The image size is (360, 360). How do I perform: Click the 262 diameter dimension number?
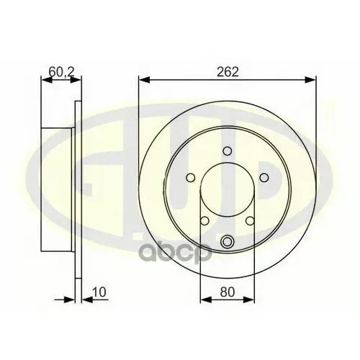point(228,71)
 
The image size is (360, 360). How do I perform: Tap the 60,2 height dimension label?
point(61,71)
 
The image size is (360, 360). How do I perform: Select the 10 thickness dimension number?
point(99,292)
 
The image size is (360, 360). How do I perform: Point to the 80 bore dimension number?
point(227,292)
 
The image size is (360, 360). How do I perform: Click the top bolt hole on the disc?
point(228,151)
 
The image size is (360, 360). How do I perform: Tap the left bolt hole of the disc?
point(191,178)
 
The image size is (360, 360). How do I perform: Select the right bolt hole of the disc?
point(264,178)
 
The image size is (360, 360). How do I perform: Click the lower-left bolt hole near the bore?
point(204,221)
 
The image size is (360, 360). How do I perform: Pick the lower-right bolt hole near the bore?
point(250,221)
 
